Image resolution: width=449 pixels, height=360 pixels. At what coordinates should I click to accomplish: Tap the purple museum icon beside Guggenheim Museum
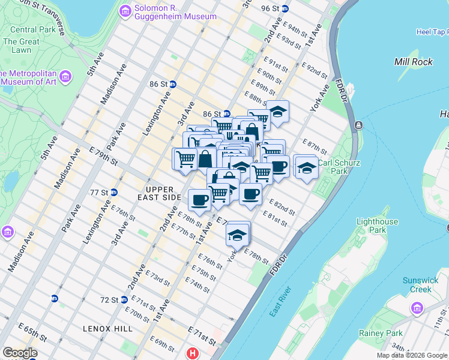point(125,10)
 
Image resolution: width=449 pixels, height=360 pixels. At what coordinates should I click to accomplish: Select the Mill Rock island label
point(410,62)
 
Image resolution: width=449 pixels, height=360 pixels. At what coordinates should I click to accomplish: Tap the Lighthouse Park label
point(377,226)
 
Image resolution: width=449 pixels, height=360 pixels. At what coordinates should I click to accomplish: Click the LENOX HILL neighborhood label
point(109,329)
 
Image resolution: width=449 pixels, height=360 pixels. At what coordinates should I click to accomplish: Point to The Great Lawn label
point(21,46)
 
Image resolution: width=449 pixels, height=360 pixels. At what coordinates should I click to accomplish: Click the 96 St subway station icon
point(285,8)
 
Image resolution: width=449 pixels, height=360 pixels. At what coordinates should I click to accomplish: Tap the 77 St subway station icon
point(113,193)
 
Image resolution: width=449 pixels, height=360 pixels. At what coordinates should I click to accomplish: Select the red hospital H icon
point(192,353)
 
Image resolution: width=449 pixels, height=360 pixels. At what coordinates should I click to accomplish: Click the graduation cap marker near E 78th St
point(238,233)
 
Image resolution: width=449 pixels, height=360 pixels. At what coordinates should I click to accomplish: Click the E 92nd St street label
point(315,71)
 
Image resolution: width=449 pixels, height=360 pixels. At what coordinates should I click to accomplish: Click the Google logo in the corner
point(20,353)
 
